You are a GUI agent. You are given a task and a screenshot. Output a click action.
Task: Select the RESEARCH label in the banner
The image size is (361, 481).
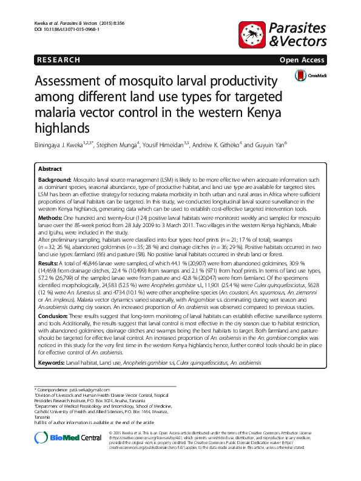[x=58, y=61]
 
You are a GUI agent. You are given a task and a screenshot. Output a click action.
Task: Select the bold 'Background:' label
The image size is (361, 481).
[x=55, y=181]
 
